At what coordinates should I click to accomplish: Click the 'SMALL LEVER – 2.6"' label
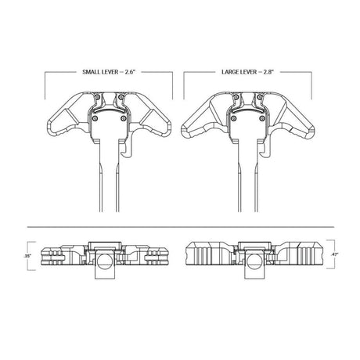(x=108, y=73)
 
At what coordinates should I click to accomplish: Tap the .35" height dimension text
(x=27, y=256)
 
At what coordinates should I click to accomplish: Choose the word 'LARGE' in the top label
(x=232, y=73)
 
